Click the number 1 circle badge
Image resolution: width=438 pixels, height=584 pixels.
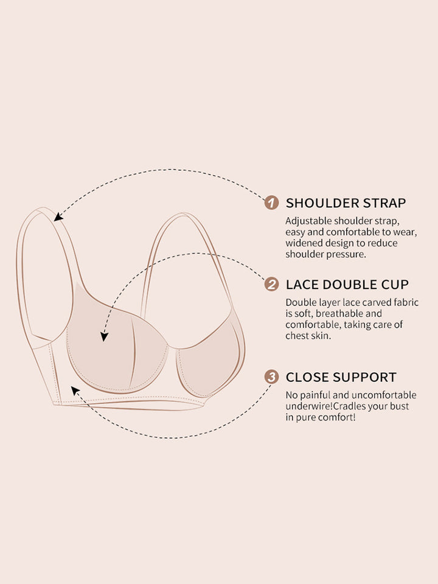(x=271, y=203)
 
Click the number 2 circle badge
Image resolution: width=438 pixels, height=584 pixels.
(x=271, y=285)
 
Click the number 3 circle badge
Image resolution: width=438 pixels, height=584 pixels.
(x=271, y=377)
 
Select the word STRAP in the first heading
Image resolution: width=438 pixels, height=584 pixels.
(x=384, y=203)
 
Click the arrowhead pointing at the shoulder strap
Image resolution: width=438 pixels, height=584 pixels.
(x=58, y=217)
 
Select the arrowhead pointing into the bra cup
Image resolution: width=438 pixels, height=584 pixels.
(x=104, y=336)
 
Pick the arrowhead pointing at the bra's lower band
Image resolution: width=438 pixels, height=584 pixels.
(x=75, y=391)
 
